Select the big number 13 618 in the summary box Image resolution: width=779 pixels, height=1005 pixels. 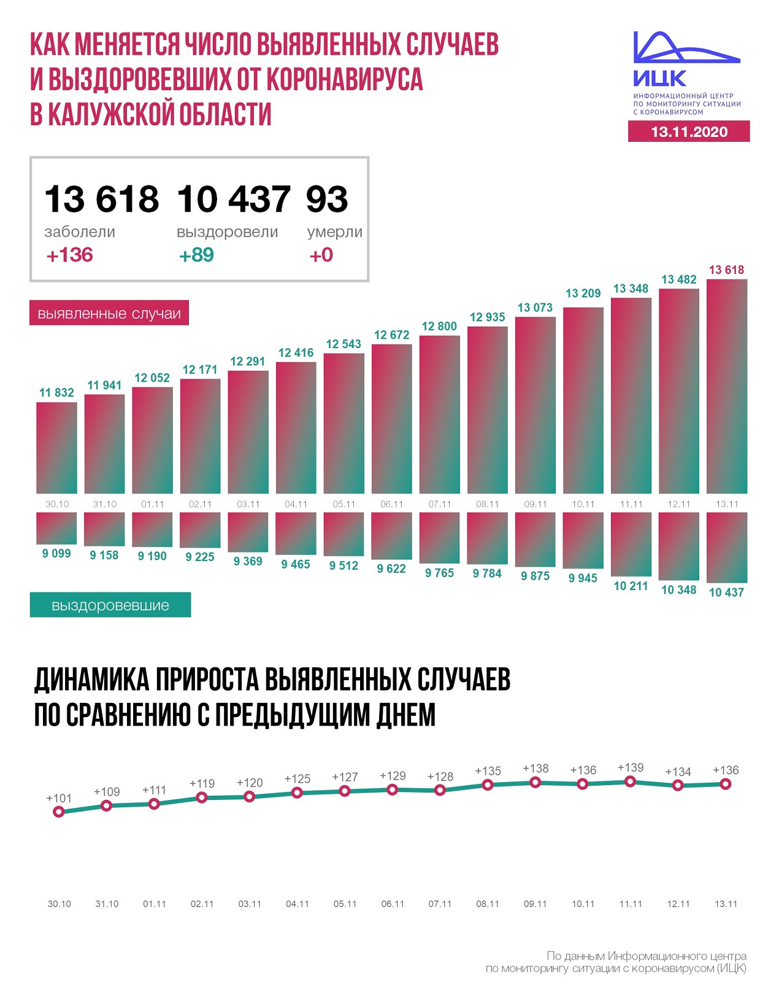click(101, 199)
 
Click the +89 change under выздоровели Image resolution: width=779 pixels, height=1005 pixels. click(196, 255)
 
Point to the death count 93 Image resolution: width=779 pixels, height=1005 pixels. click(327, 199)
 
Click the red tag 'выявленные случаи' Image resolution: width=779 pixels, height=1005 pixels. click(109, 314)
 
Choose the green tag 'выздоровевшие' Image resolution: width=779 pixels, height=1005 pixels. click(110, 605)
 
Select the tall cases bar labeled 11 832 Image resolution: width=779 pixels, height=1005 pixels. click(56, 448)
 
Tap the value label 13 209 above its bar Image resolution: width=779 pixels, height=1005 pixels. click(583, 293)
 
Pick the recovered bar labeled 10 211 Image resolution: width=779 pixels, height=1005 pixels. click(631, 543)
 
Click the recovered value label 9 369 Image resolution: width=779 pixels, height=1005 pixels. click(248, 561)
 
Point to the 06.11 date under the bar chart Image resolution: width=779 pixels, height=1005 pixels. click(391, 504)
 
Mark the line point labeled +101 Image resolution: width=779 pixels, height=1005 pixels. click(59, 812)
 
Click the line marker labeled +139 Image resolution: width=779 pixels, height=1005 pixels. click(630, 782)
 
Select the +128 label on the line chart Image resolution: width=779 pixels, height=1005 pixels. click(440, 777)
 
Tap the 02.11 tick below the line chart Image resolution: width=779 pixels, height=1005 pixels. click(202, 904)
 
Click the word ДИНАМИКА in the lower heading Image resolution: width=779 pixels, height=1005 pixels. click(91, 680)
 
